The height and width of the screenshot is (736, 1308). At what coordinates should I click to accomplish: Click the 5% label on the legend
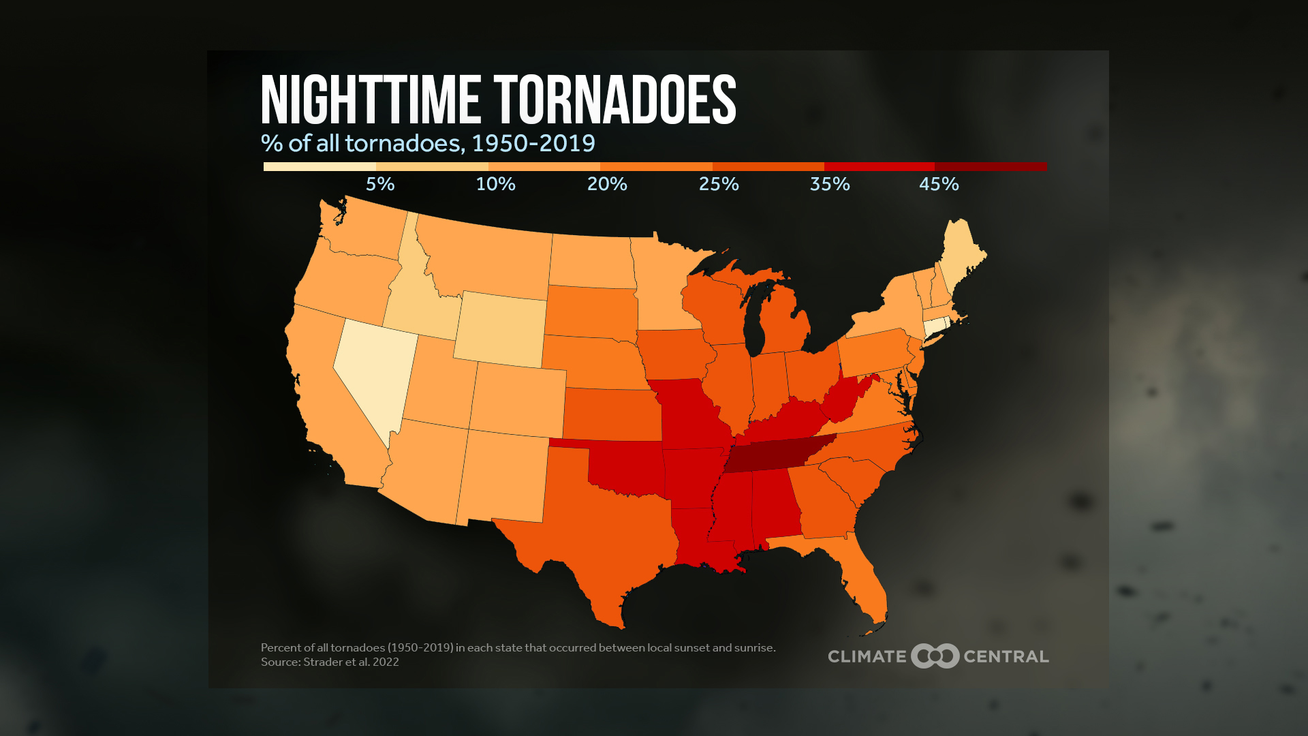click(380, 184)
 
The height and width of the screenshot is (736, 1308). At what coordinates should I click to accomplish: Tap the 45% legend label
click(939, 184)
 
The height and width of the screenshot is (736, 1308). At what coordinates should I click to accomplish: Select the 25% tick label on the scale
click(719, 184)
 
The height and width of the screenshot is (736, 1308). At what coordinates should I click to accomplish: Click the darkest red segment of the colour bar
click(991, 166)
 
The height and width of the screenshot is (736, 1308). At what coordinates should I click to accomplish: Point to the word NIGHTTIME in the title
click(371, 101)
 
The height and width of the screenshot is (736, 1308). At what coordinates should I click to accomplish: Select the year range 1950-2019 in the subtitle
click(533, 143)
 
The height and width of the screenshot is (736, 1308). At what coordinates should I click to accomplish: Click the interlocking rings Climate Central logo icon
click(935, 656)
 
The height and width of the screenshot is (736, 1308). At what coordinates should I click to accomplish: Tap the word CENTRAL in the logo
click(1006, 656)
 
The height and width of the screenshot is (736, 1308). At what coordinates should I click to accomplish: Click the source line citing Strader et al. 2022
click(330, 662)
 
